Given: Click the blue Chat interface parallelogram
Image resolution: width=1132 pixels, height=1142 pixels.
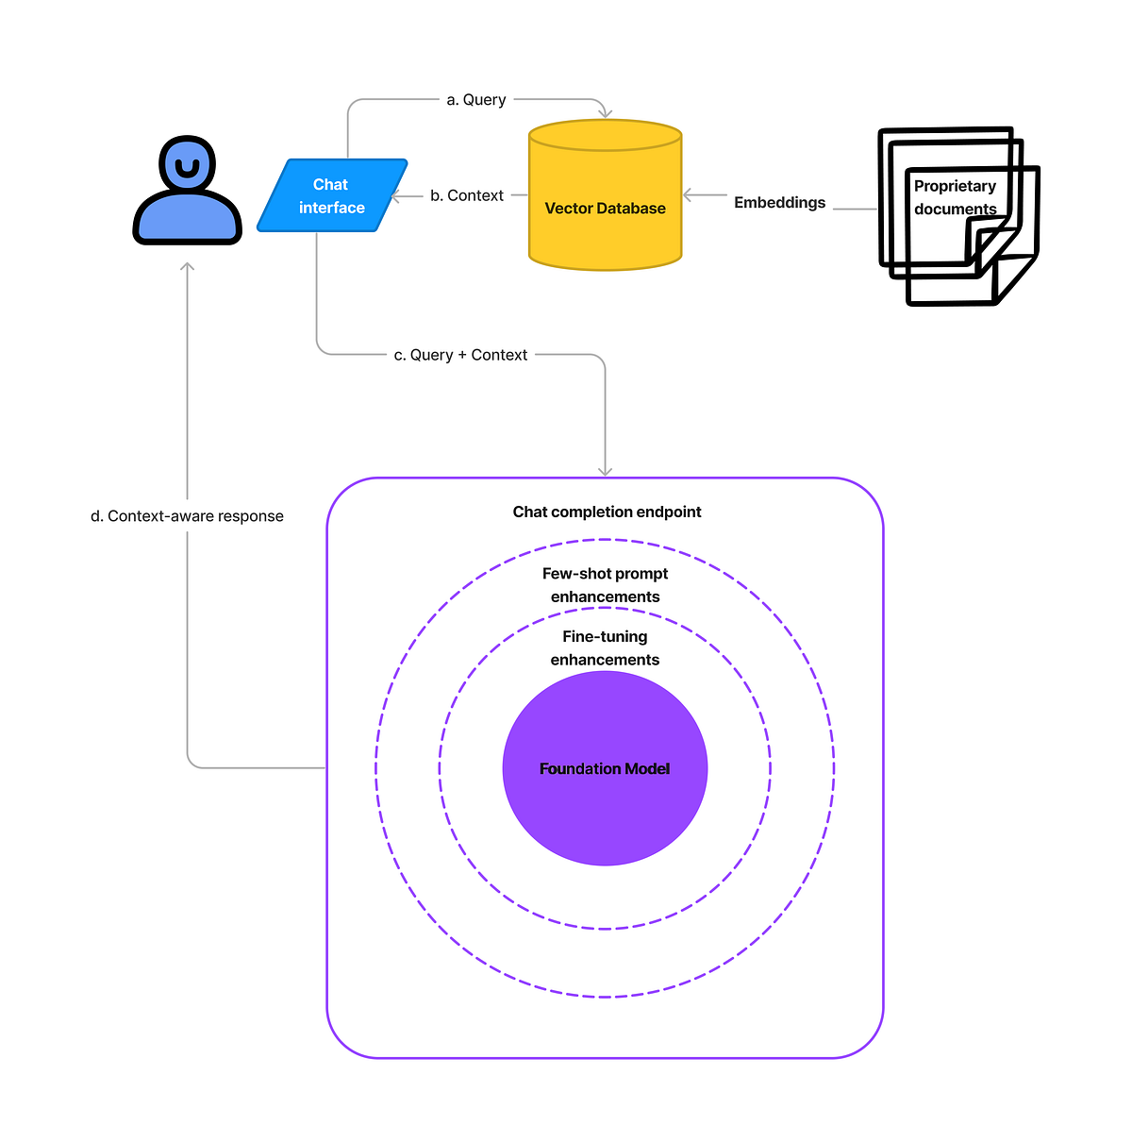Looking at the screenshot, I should [x=332, y=195].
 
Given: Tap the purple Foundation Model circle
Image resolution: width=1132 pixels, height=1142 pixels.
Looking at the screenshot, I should [x=605, y=768].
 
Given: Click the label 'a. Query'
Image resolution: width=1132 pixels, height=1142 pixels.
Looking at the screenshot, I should [x=476, y=100].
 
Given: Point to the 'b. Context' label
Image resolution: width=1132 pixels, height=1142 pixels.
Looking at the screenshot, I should [x=467, y=195].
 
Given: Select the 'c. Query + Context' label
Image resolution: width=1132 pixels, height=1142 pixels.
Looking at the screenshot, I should [x=460, y=355].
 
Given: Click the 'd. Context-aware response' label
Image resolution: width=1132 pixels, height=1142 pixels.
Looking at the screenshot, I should [x=187, y=516].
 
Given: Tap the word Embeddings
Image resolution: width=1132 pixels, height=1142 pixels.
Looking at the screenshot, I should [x=779, y=203].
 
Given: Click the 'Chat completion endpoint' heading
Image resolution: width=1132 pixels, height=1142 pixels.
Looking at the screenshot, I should [x=607, y=512].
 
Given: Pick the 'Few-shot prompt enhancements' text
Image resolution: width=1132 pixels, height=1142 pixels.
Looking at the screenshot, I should [x=605, y=585].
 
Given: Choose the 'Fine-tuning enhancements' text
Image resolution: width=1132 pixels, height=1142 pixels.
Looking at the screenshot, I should [x=605, y=648].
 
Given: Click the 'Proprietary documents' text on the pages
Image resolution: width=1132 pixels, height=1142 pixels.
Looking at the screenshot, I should [x=955, y=197].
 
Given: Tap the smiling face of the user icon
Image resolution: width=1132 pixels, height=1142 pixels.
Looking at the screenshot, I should [x=188, y=167].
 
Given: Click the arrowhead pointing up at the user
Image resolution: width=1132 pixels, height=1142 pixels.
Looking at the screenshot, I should [x=188, y=267].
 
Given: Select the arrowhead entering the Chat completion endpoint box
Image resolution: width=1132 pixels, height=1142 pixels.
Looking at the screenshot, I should [x=605, y=471].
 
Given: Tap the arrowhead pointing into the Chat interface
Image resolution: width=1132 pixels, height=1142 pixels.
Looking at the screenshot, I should [x=394, y=195].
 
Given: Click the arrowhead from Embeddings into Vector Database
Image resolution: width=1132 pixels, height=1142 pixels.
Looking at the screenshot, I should [x=689, y=195].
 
